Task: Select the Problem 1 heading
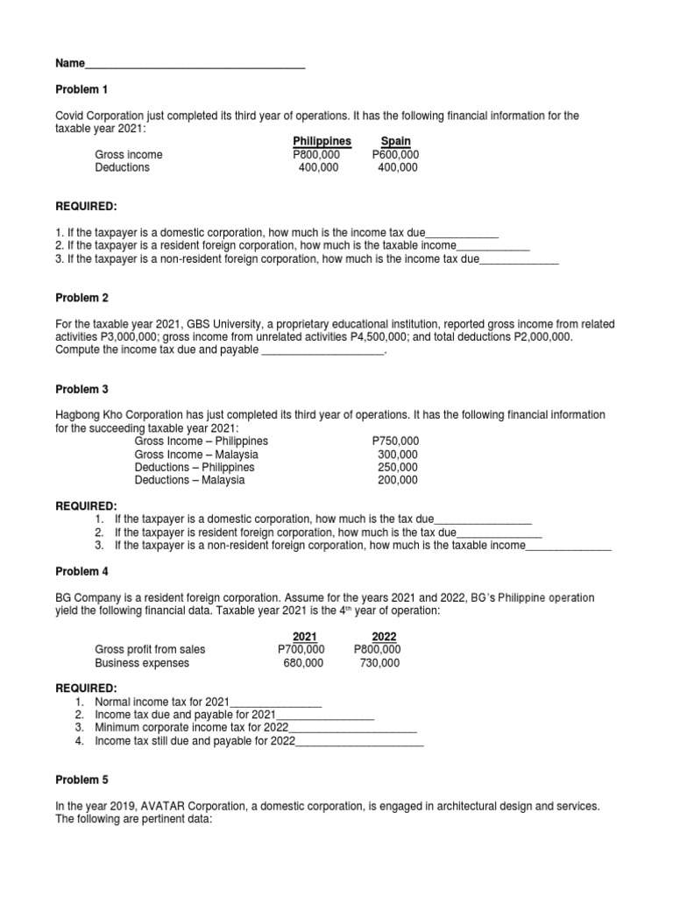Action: pyautogui.click(x=81, y=89)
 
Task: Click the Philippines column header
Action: pyautogui.click(x=322, y=141)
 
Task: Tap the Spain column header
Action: pyautogui.click(x=395, y=141)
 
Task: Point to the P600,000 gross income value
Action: pyautogui.click(x=395, y=155)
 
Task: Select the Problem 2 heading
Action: pyautogui.click(x=81, y=298)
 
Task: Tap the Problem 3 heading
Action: pyautogui.click(x=81, y=389)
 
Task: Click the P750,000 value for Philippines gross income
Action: pyautogui.click(x=395, y=441)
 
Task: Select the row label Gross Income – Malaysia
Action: pyautogui.click(x=196, y=455)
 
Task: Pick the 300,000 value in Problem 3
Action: pyautogui.click(x=398, y=455)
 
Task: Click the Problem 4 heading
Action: pyautogui.click(x=81, y=571)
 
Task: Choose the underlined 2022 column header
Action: pyautogui.click(x=384, y=636)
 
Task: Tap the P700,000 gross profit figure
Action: pyautogui.click(x=301, y=649)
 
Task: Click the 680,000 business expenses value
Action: pyautogui.click(x=303, y=663)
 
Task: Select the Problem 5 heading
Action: pyautogui.click(x=81, y=779)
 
